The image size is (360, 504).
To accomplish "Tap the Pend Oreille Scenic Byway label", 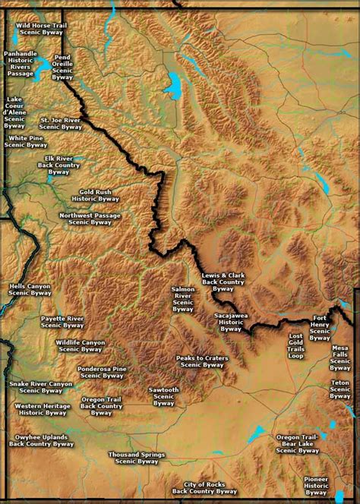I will coord(62,67).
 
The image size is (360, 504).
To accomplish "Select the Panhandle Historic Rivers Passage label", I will coord(20,64).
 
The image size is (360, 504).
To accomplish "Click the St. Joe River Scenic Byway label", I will coord(61,123).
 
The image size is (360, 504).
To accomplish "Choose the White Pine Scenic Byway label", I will coord(25,141).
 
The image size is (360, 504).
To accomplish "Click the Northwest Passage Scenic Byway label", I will coord(90,219).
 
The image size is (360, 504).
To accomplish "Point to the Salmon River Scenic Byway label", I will coord(183,299).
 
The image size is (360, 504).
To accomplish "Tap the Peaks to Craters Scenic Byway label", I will coord(202,361).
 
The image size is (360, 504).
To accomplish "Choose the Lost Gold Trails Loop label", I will coord(295,345).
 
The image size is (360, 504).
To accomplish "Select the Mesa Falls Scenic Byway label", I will coord(340,356).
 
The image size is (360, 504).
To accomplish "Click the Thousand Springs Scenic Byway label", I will coord(136,458).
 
